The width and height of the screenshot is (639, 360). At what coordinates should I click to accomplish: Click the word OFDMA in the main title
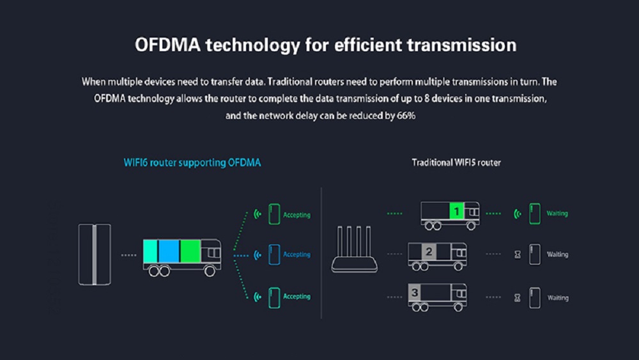[x=167, y=45]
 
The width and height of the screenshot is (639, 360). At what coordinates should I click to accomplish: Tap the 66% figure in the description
[x=406, y=116]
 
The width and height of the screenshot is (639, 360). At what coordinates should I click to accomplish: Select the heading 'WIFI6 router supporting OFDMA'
[x=192, y=162]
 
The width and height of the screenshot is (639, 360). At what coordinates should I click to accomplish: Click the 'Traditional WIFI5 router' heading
[x=456, y=162]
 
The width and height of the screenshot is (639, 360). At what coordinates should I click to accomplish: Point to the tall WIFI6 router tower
[x=95, y=254]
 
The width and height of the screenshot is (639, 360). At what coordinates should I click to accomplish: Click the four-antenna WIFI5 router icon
[x=354, y=249]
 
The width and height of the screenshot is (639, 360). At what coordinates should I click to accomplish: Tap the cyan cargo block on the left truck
[x=150, y=251]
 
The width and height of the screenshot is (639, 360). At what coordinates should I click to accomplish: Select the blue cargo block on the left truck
[x=169, y=251]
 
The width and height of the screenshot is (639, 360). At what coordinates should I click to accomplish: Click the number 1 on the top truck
[x=456, y=211]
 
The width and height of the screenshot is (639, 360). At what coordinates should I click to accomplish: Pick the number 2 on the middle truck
[x=429, y=252]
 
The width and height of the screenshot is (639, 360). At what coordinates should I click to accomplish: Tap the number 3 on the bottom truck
[x=415, y=293]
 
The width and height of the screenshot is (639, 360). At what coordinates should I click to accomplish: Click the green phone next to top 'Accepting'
[x=274, y=214]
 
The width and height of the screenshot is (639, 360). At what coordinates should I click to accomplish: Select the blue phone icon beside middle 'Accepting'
[x=274, y=254]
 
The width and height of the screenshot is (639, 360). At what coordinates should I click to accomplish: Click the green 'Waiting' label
[x=557, y=214]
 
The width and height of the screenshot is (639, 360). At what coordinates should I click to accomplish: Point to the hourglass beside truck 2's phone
[x=518, y=254]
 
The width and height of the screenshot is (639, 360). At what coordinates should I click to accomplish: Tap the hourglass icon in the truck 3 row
[x=518, y=298]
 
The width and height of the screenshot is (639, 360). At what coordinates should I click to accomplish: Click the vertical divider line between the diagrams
[x=321, y=253]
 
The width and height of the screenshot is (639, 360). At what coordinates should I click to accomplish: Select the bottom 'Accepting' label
[x=296, y=297]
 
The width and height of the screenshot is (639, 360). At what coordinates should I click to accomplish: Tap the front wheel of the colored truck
[x=210, y=270]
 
